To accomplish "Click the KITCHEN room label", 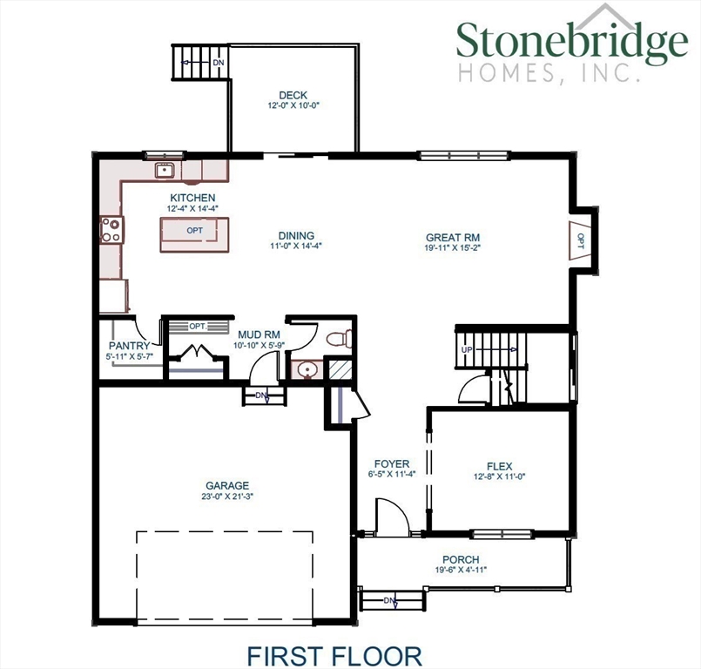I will (x=192, y=199).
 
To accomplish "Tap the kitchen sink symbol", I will (x=164, y=170).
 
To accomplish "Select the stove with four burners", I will (x=111, y=230).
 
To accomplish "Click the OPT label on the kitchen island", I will (x=194, y=231).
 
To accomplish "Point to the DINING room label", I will (x=296, y=236).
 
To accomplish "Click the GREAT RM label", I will (x=453, y=237).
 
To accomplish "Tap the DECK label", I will (x=293, y=96).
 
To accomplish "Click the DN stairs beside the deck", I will (x=199, y=63).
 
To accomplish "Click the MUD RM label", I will (x=258, y=334).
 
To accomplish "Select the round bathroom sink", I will (x=304, y=371).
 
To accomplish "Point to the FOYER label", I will (x=392, y=463).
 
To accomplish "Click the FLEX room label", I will (x=498, y=465).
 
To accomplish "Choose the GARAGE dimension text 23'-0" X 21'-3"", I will (x=227, y=497).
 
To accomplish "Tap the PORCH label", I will (x=461, y=559).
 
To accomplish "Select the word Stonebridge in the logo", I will (x=571, y=41).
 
